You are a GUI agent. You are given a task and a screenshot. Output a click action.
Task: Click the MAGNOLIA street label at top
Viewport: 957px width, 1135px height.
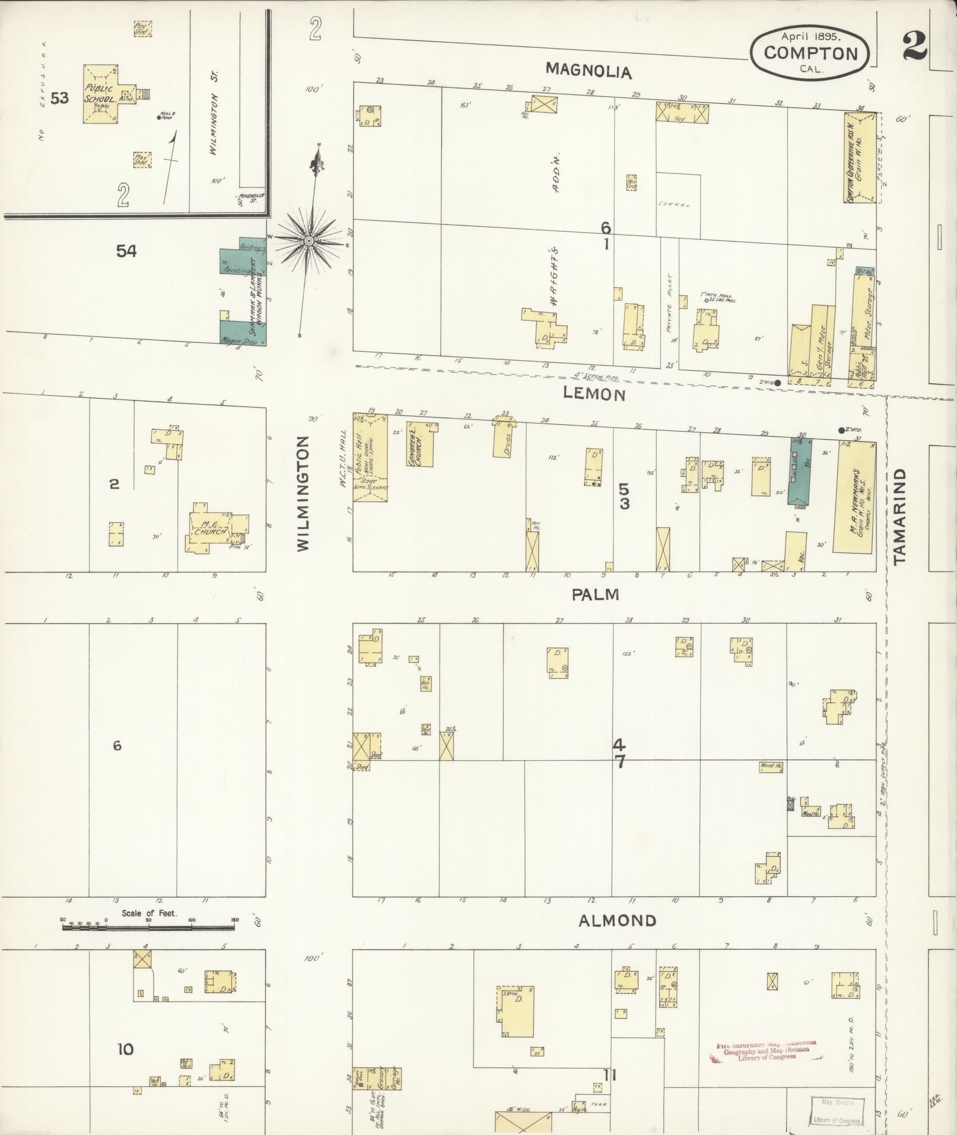coord(589,71)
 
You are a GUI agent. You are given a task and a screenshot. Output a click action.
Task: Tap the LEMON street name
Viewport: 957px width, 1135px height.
coord(594,395)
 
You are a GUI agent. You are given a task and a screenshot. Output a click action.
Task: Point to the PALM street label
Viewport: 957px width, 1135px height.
coord(595,594)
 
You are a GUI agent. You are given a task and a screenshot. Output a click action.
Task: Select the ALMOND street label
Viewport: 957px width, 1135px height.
coord(617,921)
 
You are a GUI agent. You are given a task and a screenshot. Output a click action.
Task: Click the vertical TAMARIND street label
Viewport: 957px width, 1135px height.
coord(900,516)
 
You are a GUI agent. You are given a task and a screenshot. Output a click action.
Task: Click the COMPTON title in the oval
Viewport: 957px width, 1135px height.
coord(810,53)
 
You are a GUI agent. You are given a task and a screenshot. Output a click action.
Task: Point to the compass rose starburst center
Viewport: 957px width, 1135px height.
coord(309,241)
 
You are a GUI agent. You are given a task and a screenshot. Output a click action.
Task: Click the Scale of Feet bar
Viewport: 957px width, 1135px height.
coord(148,926)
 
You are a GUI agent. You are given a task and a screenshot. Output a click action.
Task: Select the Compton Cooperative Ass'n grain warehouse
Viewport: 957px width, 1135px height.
coord(860,157)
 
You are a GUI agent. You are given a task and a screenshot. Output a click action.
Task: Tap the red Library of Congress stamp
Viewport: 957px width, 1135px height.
coord(765,1050)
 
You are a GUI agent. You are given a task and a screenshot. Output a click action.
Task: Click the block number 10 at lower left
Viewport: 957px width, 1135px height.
coord(125,1049)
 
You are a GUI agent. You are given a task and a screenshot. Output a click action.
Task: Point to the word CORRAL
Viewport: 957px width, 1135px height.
coord(675,205)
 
